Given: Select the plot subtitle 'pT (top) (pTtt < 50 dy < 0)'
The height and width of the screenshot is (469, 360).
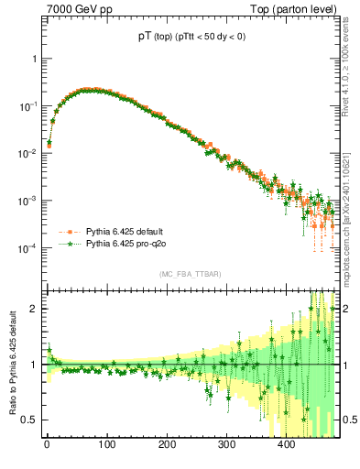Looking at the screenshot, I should tap(191, 38).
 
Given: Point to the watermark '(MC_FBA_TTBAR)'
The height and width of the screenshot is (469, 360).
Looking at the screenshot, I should tap(191, 274).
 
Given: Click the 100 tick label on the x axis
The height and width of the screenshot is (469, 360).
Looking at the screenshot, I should tap(107, 445).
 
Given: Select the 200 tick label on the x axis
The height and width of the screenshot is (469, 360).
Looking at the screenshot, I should tap(167, 445).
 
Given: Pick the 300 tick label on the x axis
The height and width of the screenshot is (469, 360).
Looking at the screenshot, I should tap(227, 445).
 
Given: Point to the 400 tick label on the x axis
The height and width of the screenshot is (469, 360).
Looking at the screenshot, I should tap(287, 445).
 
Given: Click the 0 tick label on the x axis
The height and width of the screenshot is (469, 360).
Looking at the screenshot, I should tap(47, 445).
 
